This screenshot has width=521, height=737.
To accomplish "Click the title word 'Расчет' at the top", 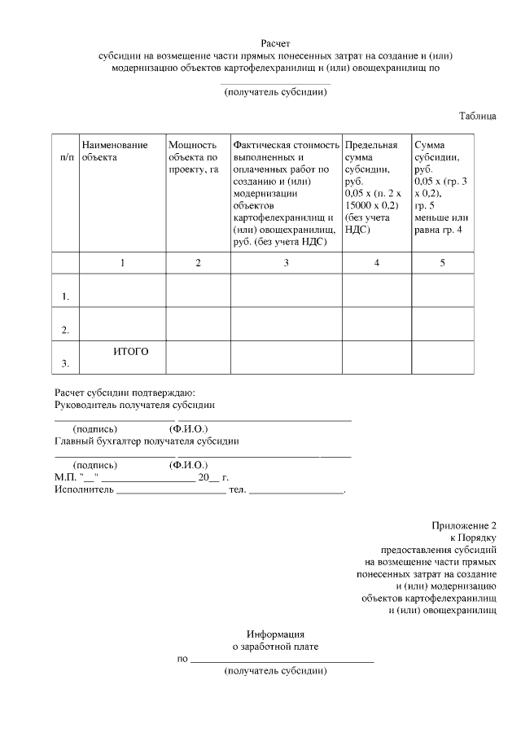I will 275,42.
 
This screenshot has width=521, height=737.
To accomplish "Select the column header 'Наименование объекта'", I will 115,151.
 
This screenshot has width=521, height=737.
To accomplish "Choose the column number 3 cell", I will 286,263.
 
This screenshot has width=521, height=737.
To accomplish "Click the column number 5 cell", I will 442,263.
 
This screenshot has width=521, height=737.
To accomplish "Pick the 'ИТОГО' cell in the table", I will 130,351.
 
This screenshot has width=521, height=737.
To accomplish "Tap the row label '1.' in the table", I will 65,296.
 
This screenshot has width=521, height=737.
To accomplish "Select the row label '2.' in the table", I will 65,330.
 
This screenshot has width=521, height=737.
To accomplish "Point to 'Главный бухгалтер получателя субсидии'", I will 147,441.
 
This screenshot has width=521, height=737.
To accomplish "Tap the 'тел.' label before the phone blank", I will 237,490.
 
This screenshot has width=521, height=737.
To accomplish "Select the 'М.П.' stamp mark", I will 65,478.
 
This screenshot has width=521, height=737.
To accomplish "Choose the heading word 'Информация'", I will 275,634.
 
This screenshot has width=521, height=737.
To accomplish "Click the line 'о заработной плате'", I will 275,647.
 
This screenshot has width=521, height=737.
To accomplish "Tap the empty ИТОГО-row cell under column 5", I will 442,358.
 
